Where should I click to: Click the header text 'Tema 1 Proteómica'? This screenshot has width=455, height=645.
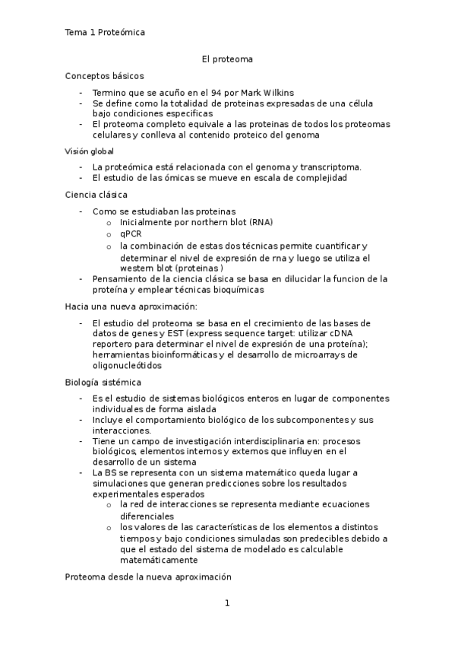pos(105,33)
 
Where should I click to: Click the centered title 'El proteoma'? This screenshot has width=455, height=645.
pos(227,58)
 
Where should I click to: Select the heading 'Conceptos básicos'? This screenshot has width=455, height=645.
pos(104,76)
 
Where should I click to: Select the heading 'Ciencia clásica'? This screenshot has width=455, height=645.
pos(96,195)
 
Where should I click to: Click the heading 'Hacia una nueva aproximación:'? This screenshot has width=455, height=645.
pos(131,307)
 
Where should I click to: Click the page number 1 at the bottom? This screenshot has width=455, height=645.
pos(227,603)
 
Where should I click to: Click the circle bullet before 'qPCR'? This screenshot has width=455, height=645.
pos(110,234)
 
